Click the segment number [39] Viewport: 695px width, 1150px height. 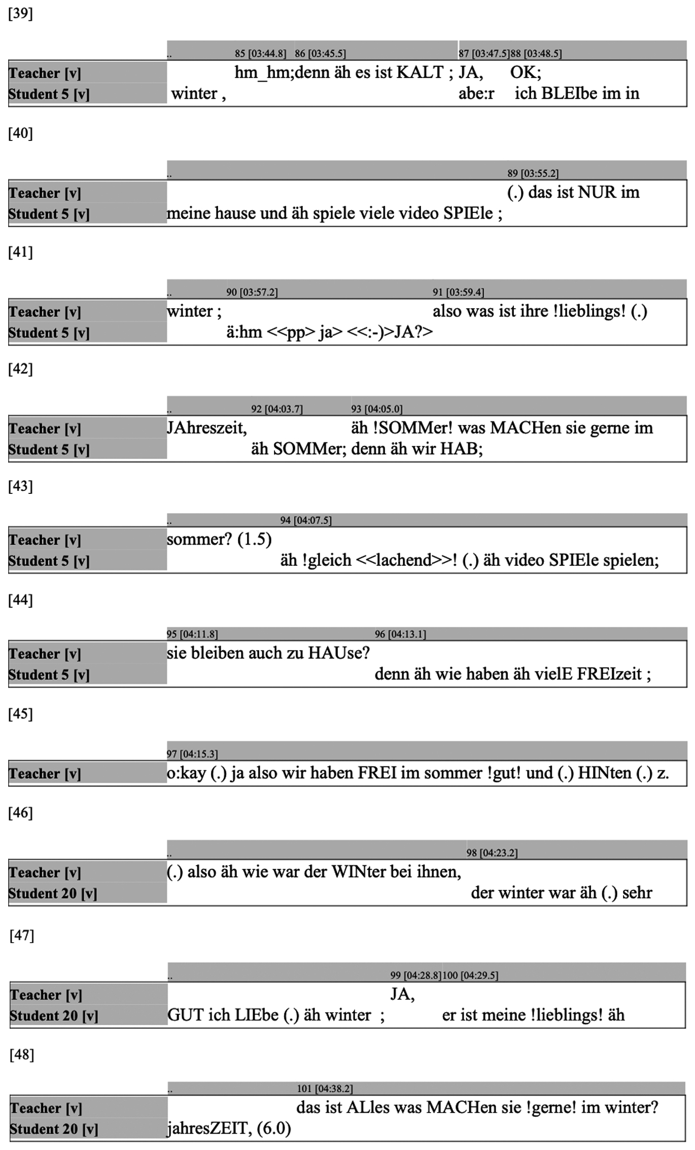(20, 14)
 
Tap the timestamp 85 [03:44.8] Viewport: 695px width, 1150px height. (260, 53)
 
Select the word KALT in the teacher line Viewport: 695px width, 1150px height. (420, 73)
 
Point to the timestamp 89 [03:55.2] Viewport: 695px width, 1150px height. (533, 173)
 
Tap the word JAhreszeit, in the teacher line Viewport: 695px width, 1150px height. (207, 428)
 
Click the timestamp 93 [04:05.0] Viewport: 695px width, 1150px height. (376, 409)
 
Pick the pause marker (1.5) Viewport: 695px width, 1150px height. (255, 539)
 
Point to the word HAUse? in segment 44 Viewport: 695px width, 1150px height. (339, 653)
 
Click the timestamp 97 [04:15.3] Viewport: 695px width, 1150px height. (192, 754)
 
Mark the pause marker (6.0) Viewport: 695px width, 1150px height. (274, 1128)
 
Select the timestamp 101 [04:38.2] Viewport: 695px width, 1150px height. (325, 1088)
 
